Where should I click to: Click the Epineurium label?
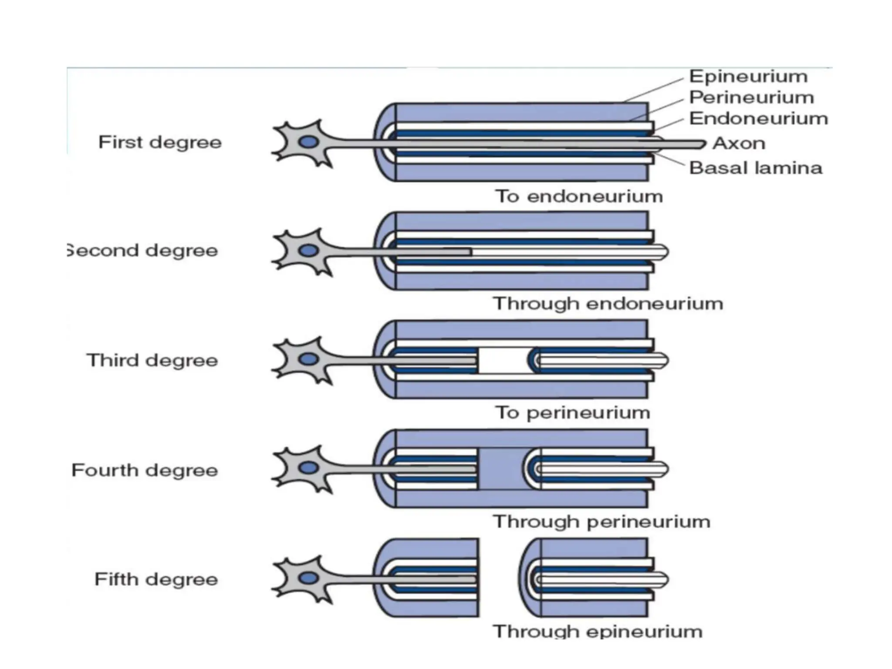748,77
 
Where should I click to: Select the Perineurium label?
751,98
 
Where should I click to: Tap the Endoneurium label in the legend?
758,118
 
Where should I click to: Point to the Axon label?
739,143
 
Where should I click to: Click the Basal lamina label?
756,168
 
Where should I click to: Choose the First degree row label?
160,142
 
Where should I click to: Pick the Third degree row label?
152,361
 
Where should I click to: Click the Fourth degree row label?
145,470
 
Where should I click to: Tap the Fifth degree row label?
156,580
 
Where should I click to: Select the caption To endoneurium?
579,196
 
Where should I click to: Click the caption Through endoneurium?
608,304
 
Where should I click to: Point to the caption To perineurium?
572,413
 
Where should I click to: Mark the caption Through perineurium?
601,522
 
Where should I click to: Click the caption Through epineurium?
598,632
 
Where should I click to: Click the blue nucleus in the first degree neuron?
308,142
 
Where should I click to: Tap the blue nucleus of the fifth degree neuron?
308,578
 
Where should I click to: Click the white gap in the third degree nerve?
503,361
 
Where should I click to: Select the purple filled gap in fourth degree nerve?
501,470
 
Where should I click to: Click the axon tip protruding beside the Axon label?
697,143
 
